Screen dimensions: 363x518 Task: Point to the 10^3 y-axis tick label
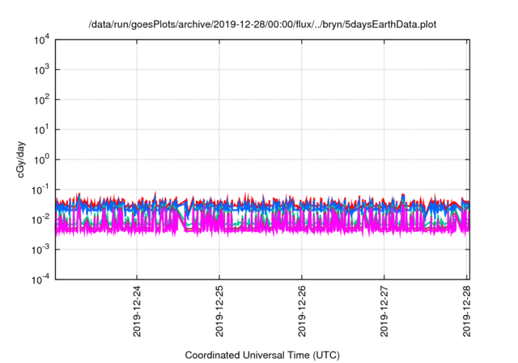[x=41, y=70]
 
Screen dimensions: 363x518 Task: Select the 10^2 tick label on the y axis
[x=41, y=100]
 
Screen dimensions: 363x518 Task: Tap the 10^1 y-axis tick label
[x=41, y=130]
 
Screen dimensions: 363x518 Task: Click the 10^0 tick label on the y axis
[x=41, y=160]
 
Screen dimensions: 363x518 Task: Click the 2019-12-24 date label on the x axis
[x=136, y=310]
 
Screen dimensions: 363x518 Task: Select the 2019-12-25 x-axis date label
[x=219, y=310]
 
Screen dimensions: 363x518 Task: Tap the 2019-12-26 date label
[x=302, y=310]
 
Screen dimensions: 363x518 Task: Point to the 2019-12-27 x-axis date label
[x=384, y=310]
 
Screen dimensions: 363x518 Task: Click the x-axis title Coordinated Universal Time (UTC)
[x=261, y=355]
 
